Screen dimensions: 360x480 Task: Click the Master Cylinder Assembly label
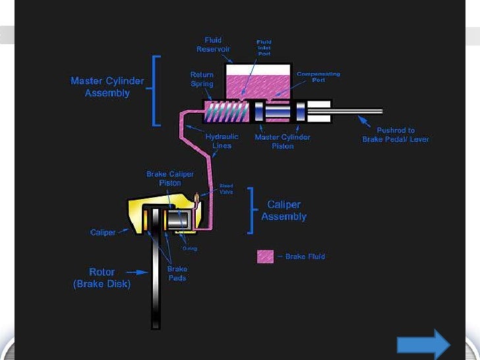pyautogui.click(x=107, y=87)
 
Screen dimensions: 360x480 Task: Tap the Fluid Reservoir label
pyautogui.click(x=212, y=45)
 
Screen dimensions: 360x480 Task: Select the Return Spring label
pyautogui.click(x=202, y=80)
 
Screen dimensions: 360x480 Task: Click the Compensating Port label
pyautogui.click(x=318, y=76)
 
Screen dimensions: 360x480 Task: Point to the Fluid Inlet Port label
pyautogui.click(x=264, y=47)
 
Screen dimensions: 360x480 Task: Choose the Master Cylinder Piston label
pyautogui.click(x=282, y=141)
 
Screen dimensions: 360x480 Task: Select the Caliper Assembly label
pyautogui.click(x=284, y=210)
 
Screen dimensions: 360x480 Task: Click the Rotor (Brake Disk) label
pyautogui.click(x=102, y=278)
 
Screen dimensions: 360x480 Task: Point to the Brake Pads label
pyautogui.click(x=177, y=274)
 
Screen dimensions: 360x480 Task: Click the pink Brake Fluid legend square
pyautogui.click(x=265, y=256)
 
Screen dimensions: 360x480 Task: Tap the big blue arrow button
pyautogui.click(x=423, y=345)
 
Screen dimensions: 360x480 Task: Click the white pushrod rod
pyautogui.click(x=356, y=111)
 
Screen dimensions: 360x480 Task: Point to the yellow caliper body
pyautogui.click(x=135, y=215)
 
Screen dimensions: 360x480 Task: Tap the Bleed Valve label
pyautogui.click(x=225, y=189)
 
